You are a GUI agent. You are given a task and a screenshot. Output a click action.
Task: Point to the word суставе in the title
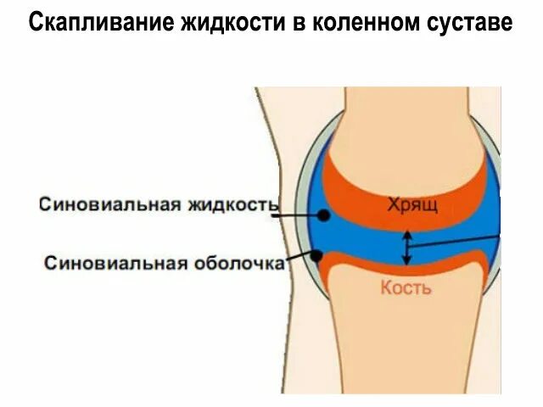pyautogui.click(x=468, y=23)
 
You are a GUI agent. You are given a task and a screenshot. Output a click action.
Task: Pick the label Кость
pyautogui.click(x=406, y=287)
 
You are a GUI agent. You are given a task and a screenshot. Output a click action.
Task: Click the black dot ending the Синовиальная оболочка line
pyautogui.click(x=316, y=254)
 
